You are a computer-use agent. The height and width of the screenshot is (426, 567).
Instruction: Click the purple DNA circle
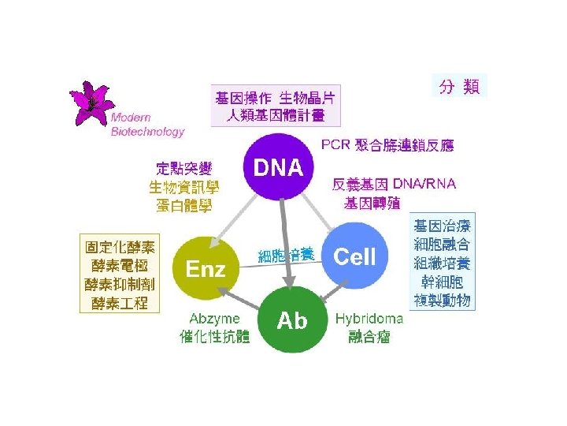[x=279, y=167]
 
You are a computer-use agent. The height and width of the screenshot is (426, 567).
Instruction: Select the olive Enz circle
[x=206, y=268]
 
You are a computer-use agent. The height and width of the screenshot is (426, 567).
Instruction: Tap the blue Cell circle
[x=354, y=256]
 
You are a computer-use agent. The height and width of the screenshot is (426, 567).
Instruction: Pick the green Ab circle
[x=292, y=319]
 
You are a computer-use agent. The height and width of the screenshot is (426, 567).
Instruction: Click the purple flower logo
[x=91, y=103]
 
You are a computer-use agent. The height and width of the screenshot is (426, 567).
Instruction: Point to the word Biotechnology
[x=147, y=131]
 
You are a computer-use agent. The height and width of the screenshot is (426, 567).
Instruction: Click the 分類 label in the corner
[x=459, y=86]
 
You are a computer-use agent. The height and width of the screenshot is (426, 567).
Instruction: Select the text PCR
[x=335, y=144]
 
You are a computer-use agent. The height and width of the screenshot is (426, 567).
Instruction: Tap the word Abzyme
[x=214, y=319]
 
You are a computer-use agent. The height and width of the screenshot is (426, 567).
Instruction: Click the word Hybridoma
[x=369, y=319]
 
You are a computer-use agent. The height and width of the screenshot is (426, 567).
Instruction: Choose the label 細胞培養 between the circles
[x=286, y=256]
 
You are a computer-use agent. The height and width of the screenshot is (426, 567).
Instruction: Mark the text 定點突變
[x=183, y=169]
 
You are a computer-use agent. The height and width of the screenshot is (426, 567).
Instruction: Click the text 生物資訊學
[x=183, y=187]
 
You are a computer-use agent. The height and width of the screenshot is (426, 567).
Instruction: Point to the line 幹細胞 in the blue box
[x=442, y=282]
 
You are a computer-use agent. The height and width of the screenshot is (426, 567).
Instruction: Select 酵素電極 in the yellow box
[x=120, y=266]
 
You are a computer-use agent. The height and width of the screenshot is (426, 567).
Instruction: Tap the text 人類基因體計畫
[x=276, y=115]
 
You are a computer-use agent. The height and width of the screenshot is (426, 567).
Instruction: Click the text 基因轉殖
[x=372, y=204]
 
